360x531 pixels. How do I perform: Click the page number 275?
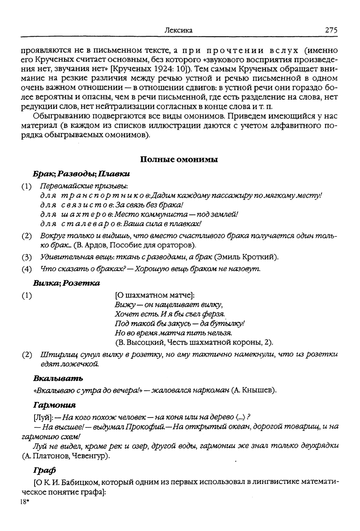click(x=331, y=30)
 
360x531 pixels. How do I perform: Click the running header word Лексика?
click(x=178, y=30)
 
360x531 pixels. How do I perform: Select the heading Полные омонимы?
click(x=179, y=160)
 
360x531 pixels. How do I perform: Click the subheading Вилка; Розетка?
click(x=66, y=283)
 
